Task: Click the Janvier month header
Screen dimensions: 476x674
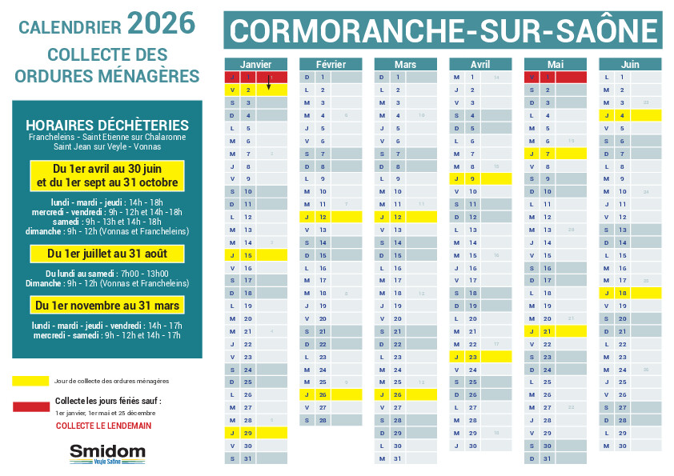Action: (x=255, y=64)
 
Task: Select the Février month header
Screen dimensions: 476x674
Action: (x=331, y=64)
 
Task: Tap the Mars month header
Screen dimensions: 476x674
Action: (x=405, y=64)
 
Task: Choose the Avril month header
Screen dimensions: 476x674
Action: (x=480, y=64)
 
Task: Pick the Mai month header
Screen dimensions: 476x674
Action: (x=555, y=64)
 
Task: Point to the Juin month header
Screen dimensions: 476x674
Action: (x=630, y=64)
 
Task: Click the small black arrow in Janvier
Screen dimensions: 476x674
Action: (x=268, y=83)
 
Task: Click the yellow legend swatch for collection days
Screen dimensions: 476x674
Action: (x=30, y=381)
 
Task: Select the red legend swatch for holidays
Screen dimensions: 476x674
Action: (x=30, y=406)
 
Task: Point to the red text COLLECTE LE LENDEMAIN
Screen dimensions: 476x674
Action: (x=103, y=426)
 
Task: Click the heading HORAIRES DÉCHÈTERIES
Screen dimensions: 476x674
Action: (x=107, y=126)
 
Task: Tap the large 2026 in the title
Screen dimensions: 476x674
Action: (x=161, y=24)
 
